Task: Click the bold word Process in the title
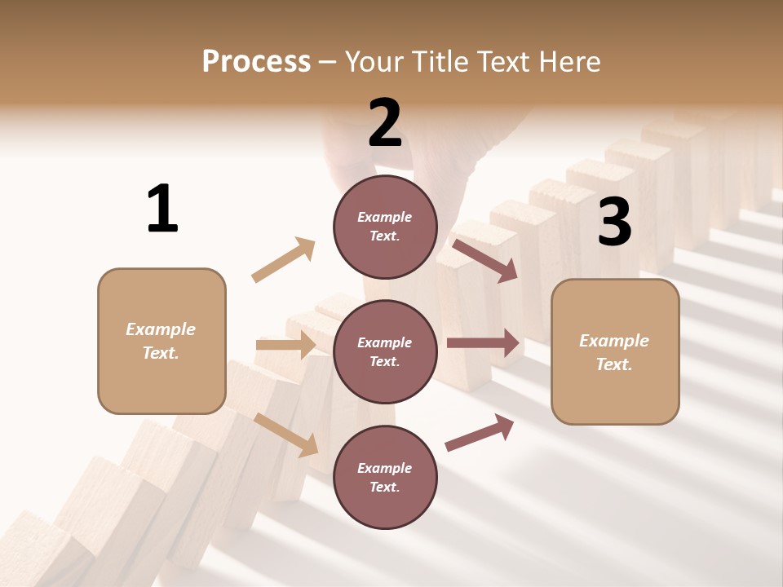click(x=256, y=61)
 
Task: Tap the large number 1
click(x=162, y=209)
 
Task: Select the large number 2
click(x=385, y=123)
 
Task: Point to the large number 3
click(x=614, y=222)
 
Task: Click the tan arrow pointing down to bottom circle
click(x=286, y=435)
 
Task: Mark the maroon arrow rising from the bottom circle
click(x=480, y=433)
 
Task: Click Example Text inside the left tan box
click(x=161, y=341)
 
